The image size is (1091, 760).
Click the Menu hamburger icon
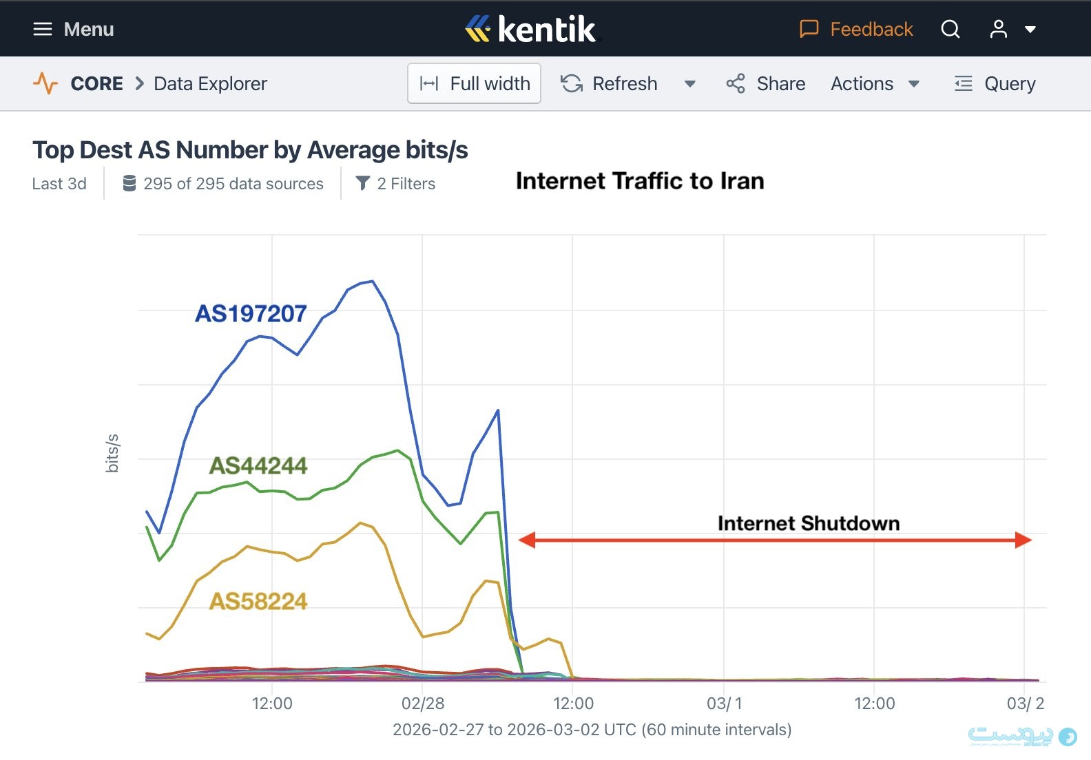coord(43,29)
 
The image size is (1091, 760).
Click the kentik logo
coord(530,29)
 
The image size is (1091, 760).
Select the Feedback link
coord(856,29)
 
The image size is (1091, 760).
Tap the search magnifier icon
coord(950,29)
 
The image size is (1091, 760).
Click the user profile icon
coord(998,29)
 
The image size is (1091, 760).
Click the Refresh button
coord(610,83)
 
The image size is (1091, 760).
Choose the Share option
coord(766,83)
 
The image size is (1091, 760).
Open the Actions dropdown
coord(875,83)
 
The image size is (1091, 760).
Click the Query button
coord(995,83)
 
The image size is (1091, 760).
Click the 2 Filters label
coord(396,184)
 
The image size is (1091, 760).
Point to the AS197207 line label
coord(251,313)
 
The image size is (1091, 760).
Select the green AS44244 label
coord(258,465)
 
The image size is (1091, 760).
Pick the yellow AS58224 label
coord(258,601)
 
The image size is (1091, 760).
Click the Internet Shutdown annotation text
coord(809,523)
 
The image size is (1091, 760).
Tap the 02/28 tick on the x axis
coord(423,703)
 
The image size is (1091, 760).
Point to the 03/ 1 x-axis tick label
coord(724,703)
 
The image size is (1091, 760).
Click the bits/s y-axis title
coord(112,453)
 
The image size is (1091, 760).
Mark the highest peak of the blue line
coord(373,281)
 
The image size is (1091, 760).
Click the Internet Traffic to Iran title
coord(640,180)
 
